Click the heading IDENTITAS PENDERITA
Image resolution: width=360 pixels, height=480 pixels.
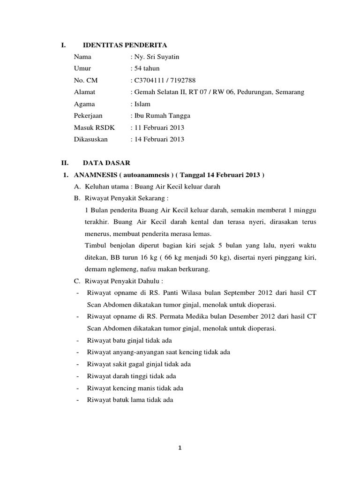[125, 45]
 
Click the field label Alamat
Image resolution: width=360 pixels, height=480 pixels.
[84, 92]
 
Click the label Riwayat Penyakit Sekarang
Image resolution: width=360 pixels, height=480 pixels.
[126, 198]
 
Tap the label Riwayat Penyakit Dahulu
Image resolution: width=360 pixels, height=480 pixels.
[124, 282]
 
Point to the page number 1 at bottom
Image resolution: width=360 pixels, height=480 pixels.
[180, 448]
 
